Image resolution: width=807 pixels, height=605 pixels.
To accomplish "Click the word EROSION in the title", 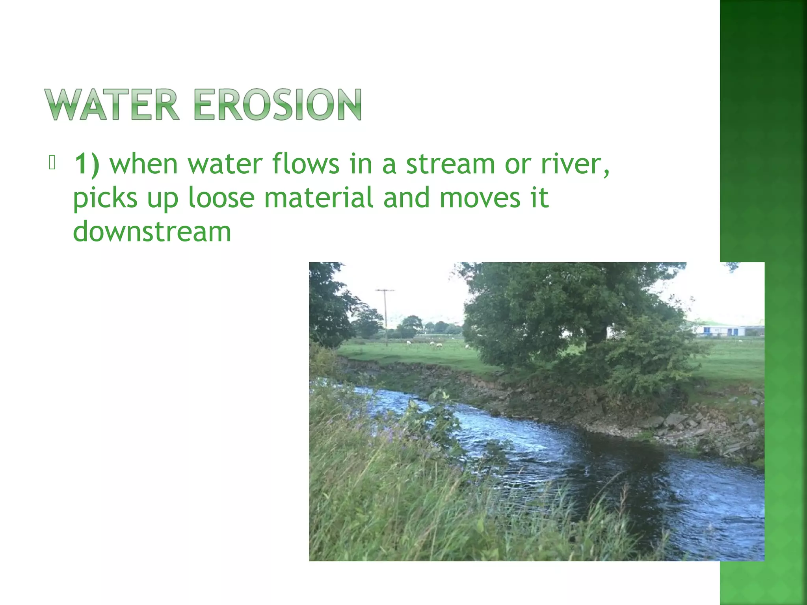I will [x=277, y=104].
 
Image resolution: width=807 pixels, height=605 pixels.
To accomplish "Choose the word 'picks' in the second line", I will [x=105, y=198].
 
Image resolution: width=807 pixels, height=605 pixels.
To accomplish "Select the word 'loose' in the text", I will [x=221, y=198].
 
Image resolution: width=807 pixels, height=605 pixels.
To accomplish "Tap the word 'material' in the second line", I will [x=318, y=198].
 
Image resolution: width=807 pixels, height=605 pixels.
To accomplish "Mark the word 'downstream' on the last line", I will [x=152, y=232].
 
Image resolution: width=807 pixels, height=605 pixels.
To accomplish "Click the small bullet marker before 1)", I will [x=52, y=163].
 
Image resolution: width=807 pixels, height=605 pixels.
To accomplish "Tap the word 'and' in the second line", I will [x=406, y=198].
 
